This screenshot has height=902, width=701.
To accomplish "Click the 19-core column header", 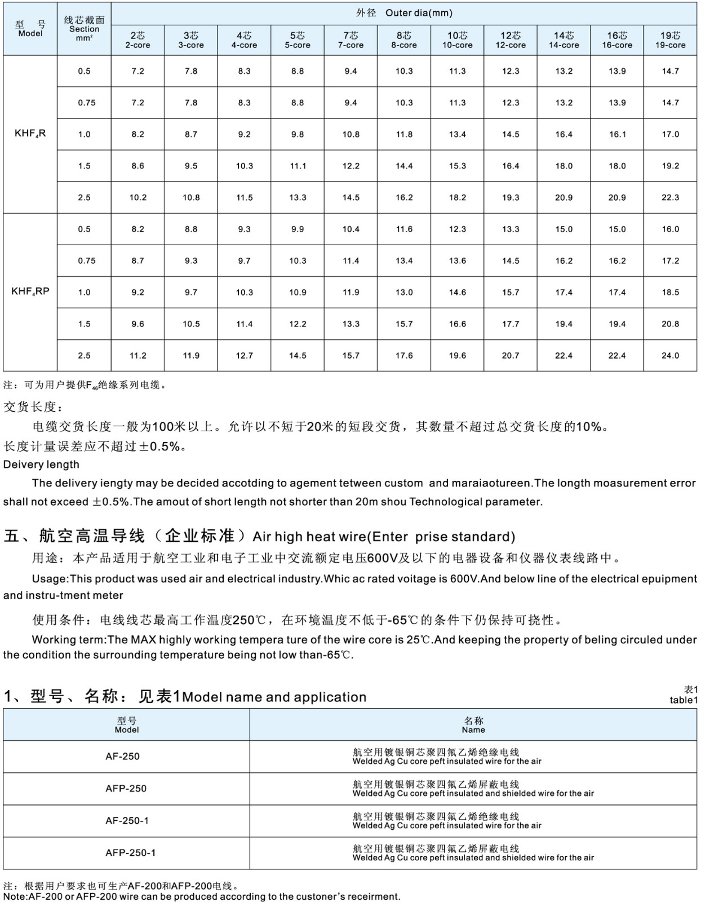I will pos(670,40).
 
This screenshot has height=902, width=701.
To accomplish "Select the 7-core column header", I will pos(350,40).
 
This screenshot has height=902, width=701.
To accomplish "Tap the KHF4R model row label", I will pos(30,134).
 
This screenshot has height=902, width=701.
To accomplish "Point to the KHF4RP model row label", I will pos(30,292).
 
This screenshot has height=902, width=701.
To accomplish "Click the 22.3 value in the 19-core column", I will pos(670,198).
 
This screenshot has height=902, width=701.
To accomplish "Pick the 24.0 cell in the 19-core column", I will pos(670,356).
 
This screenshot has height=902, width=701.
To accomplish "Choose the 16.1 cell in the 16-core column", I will pos(617,135).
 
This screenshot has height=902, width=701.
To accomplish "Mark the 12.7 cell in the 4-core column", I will pos(244,356).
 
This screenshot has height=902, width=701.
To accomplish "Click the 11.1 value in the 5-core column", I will pos(298,166).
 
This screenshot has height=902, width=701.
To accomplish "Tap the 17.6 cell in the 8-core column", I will pos(404,356).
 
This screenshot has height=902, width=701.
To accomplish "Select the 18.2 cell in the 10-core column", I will pos(457,198).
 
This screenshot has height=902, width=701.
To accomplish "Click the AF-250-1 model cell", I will pos(127,821).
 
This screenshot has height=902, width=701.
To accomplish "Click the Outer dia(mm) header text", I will pos(419,13).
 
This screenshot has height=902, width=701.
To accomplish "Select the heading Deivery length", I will pos(41,465).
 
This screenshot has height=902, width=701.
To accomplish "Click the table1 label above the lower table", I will pos(684,700).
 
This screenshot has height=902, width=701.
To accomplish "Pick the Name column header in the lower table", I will pos(473,725).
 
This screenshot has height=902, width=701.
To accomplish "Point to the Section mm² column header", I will pos(84,29).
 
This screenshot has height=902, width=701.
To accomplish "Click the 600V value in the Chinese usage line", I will pos(383,559).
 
